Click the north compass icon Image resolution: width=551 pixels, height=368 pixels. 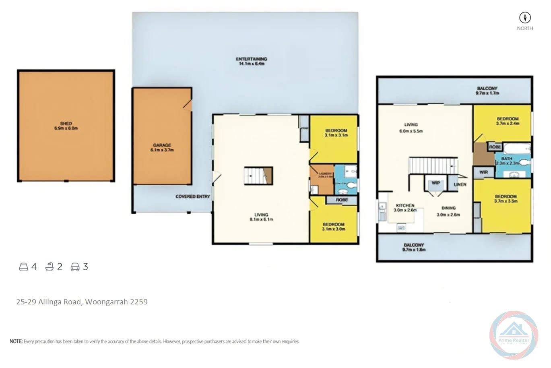coord(525,18)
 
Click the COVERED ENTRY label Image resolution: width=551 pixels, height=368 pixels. coord(192,196)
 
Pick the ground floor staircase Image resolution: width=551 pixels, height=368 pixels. coord(258,176)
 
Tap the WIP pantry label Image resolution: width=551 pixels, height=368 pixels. coord(435,183)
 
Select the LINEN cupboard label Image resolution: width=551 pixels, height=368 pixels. coord(460,184)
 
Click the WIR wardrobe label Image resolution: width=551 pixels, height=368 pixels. coord(483,172)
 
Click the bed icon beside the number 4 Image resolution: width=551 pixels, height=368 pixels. coord(24,267)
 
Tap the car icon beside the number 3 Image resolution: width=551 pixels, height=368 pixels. coord(75,267)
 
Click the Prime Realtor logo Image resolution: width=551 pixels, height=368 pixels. coord(514,335)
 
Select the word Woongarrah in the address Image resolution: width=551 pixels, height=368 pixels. coord(106,302)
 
